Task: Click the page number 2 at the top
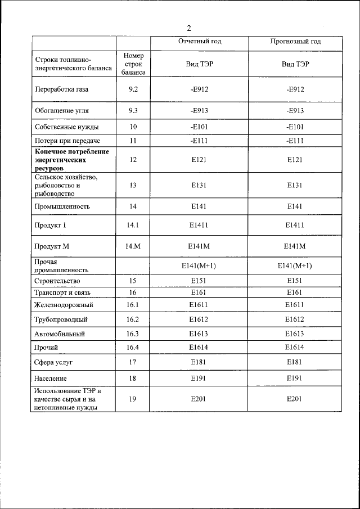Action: click(x=189, y=29)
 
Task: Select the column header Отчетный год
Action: click(x=200, y=42)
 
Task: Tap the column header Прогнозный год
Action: click(x=295, y=42)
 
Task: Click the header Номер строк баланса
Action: click(x=133, y=64)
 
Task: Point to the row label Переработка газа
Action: click(x=62, y=89)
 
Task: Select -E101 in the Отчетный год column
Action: click(x=200, y=127)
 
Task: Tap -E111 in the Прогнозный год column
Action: click(x=295, y=140)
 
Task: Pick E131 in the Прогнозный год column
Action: click(x=295, y=185)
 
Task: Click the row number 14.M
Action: click(x=133, y=246)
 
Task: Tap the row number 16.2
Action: click(x=133, y=319)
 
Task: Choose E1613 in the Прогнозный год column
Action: click(x=295, y=334)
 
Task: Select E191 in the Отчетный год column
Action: click(x=200, y=378)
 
